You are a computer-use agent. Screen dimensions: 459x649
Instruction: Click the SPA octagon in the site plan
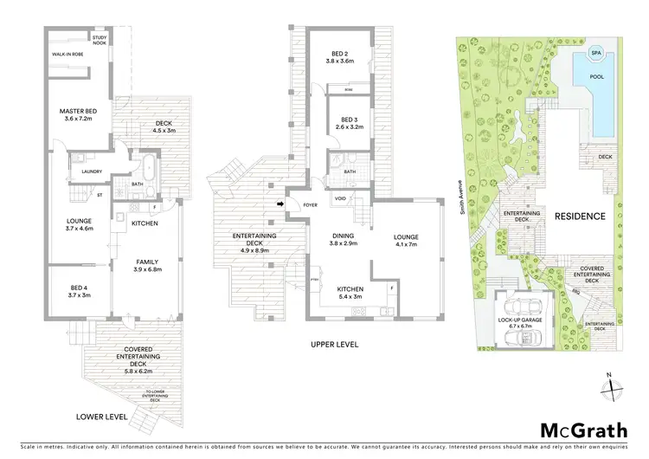pyautogui.click(x=595, y=54)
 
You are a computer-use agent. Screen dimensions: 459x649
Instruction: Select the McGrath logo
pyautogui.click(x=577, y=431)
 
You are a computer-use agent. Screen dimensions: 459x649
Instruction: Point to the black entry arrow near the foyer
pyautogui.click(x=279, y=204)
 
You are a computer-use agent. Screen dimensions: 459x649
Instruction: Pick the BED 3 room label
pyautogui.click(x=348, y=124)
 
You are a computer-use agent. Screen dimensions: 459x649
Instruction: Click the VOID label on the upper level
pyautogui.click(x=341, y=198)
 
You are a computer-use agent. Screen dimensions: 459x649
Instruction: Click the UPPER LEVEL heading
pyautogui.click(x=336, y=345)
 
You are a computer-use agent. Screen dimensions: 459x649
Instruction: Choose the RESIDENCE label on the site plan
pyautogui.click(x=580, y=216)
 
